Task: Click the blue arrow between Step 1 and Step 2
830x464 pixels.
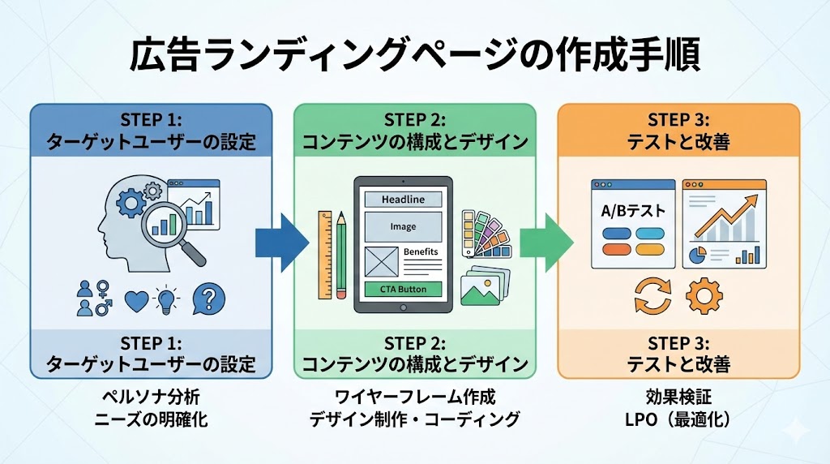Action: click(282, 243)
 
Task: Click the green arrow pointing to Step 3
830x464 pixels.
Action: click(546, 243)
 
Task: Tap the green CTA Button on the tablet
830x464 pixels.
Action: click(403, 290)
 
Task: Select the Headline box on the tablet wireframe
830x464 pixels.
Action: click(403, 200)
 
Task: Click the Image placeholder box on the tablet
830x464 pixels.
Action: click(403, 226)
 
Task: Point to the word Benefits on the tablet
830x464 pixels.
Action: click(421, 251)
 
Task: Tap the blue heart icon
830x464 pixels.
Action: click(136, 301)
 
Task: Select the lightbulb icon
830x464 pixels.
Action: click(166, 300)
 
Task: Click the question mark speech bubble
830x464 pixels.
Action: click(209, 299)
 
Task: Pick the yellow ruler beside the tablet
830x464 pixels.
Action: click(324, 255)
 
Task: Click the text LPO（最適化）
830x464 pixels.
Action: click(678, 419)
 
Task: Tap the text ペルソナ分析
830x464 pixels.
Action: click(151, 397)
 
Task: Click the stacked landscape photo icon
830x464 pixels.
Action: click(485, 286)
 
